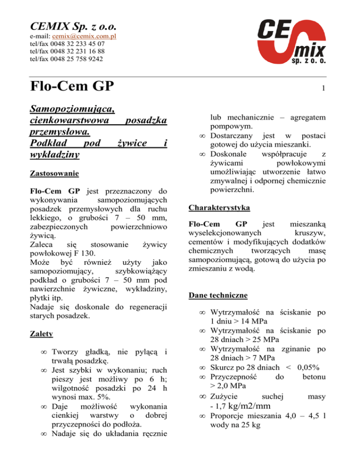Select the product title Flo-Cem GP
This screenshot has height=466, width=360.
(x=73, y=88)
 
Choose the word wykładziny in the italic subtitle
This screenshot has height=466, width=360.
(x=54, y=154)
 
